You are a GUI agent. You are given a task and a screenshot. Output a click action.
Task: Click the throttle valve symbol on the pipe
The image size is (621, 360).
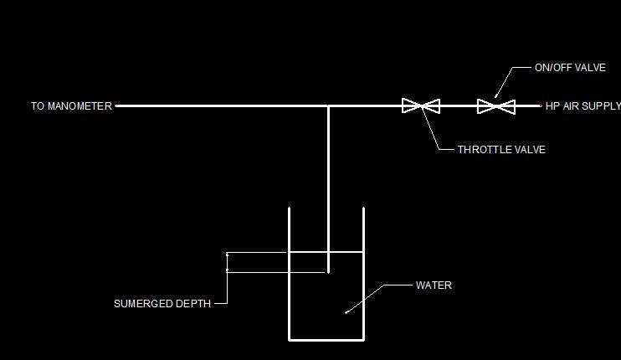(421, 105)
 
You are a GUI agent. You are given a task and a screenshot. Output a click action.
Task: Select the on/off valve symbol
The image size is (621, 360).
(495, 106)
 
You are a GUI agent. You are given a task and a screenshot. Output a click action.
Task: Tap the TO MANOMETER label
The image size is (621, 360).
(71, 106)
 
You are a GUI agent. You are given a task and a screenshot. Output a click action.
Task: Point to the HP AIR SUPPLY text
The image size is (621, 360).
(583, 106)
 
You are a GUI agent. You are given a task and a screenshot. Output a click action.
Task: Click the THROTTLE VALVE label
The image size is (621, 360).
(501, 150)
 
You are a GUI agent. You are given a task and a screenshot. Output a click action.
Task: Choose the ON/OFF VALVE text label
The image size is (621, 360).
(570, 68)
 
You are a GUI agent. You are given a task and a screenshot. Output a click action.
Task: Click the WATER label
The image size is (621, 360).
(434, 285)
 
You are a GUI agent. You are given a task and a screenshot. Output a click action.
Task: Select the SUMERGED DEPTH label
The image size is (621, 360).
(162, 304)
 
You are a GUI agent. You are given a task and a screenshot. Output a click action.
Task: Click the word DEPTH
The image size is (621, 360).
(192, 304)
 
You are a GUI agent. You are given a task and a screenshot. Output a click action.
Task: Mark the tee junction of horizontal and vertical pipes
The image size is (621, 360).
(328, 106)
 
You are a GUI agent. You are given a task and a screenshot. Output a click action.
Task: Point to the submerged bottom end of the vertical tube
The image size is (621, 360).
(328, 272)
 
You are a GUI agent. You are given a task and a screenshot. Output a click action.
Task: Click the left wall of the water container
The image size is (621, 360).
(290, 273)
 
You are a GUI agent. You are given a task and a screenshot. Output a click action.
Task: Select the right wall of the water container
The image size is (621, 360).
(363, 273)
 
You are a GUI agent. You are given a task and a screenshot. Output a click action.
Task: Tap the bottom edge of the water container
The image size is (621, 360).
(326, 339)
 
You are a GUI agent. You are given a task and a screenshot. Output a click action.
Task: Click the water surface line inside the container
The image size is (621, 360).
(326, 252)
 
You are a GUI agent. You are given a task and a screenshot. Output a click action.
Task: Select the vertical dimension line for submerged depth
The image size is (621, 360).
(227, 261)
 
